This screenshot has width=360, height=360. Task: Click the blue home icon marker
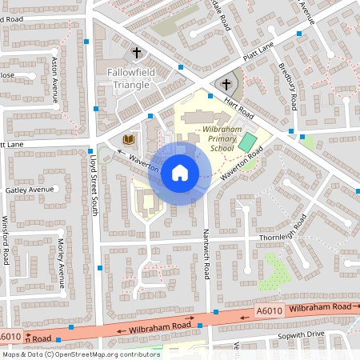(180, 172)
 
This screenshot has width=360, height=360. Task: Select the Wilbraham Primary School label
(206, 138)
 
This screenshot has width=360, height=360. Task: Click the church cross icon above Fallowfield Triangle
(136, 54)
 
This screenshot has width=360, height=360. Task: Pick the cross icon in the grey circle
(226, 85)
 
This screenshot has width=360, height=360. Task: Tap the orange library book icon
(126, 140)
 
